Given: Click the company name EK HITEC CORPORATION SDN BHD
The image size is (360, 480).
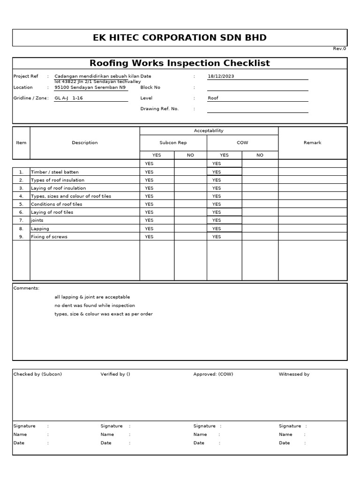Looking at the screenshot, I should (x=180, y=38).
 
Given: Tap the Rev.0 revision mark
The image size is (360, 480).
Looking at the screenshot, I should (x=339, y=49).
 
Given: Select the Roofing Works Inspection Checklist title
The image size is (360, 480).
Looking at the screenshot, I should (x=180, y=63).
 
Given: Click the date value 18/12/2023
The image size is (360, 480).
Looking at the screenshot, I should (x=221, y=76).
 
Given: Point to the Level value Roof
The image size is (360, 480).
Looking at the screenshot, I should (x=213, y=98).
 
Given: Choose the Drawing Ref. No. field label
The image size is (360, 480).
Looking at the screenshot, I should (x=159, y=109).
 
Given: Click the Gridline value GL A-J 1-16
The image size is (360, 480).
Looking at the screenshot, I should (x=68, y=98).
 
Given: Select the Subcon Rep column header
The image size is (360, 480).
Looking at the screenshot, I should (x=173, y=143).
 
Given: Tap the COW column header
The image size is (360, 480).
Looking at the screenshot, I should (x=242, y=143).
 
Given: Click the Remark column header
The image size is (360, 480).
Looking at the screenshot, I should (x=312, y=143).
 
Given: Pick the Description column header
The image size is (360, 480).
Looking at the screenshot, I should (x=85, y=143).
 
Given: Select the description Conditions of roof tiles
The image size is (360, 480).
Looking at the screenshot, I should (x=56, y=204).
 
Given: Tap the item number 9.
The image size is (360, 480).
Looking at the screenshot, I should (x=21, y=237).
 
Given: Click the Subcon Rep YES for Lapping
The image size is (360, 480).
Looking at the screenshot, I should (x=149, y=229).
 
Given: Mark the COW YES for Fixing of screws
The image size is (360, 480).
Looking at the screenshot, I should (x=216, y=237).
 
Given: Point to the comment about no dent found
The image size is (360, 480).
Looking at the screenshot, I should (x=95, y=306).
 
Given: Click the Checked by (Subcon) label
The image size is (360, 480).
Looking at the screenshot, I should (x=37, y=374).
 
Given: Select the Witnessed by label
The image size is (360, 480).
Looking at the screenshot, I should (x=294, y=374).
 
